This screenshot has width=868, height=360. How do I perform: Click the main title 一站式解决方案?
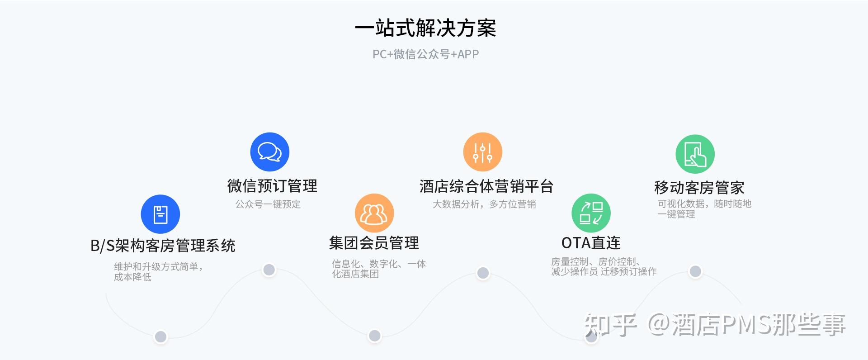click(x=425, y=28)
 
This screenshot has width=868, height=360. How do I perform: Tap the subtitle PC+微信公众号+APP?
click(x=425, y=54)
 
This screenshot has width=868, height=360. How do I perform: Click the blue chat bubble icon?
click(x=269, y=152)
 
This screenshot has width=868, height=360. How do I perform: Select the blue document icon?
click(x=160, y=214)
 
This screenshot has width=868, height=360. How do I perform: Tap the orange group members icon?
click(x=374, y=213)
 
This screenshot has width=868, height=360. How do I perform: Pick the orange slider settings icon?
click(x=482, y=152)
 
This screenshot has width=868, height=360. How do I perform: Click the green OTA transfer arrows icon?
click(x=591, y=213)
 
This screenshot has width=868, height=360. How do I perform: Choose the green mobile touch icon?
click(x=695, y=154)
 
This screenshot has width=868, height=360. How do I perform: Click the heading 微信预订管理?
click(x=272, y=186)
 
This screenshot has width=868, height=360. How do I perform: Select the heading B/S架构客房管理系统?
click(x=163, y=246)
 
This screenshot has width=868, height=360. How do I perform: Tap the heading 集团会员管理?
click(x=374, y=243)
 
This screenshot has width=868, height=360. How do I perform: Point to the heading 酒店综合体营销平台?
click(x=486, y=186)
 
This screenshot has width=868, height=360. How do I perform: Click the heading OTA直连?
click(x=591, y=243)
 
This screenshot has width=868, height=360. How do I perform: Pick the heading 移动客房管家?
click(x=699, y=188)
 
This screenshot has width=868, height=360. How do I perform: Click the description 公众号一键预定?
click(x=268, y=204)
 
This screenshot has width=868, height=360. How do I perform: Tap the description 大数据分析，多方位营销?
click(x=484, y=204)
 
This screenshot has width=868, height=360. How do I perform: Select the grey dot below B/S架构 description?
click(x=160, y=336)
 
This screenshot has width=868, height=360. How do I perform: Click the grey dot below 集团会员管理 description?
click(x=374, y=336)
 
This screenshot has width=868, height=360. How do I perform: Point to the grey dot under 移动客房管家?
click(x=695, y=271)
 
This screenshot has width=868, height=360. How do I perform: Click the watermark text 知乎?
click(x=610, y=325)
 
